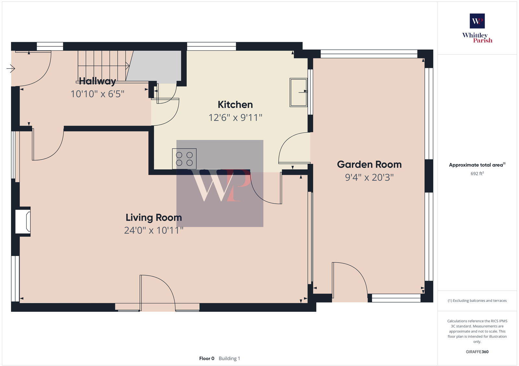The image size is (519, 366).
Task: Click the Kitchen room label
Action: point(235,104)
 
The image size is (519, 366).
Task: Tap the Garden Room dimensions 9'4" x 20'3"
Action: point(369,177)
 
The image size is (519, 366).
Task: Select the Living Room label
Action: point(153,217)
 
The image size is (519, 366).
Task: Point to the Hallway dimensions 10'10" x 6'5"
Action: point(97,94)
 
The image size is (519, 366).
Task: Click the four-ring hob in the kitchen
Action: point(184,159)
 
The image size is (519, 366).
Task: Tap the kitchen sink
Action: point(298,92)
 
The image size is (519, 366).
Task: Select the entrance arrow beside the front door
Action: point(11,68)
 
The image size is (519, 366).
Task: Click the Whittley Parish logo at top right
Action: point(477,28)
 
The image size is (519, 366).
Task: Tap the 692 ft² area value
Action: point(477,174)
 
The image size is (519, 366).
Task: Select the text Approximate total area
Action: point(476,165)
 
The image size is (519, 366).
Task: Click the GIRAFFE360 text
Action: point(477,352)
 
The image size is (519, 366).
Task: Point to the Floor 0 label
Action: point(207,359)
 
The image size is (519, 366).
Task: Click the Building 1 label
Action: point(229,359)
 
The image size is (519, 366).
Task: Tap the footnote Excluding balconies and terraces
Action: point(477,300)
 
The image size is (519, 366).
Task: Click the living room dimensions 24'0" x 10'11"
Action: point(153,230)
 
